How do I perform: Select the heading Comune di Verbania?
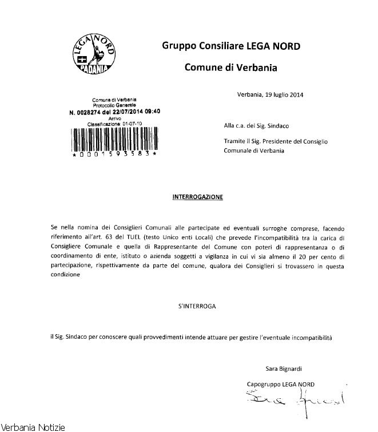[x=230, y=69]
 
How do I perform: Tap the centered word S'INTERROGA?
[x=197, y=306]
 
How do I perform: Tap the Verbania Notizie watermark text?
[x=33, y=427]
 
